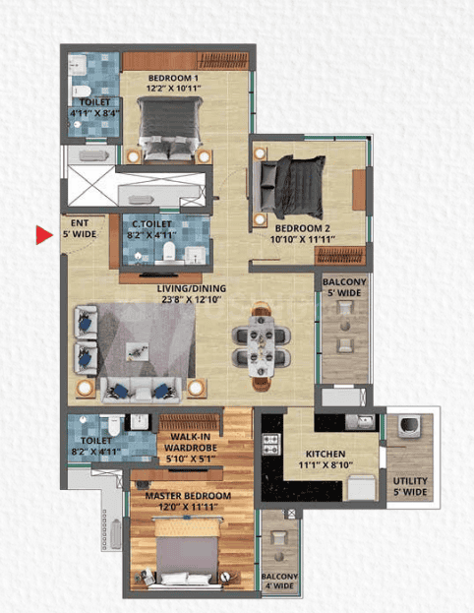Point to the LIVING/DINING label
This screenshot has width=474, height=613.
click(190, 289)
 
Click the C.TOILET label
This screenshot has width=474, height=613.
click(165, 223)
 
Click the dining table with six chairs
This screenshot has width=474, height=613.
click(264, 343)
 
